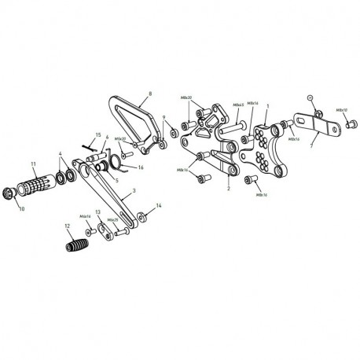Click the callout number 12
67,226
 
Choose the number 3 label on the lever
135,191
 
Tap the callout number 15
98,136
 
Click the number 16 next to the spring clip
141,167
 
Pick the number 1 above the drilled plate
267,105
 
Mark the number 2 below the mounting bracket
227,189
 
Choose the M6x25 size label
112,220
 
